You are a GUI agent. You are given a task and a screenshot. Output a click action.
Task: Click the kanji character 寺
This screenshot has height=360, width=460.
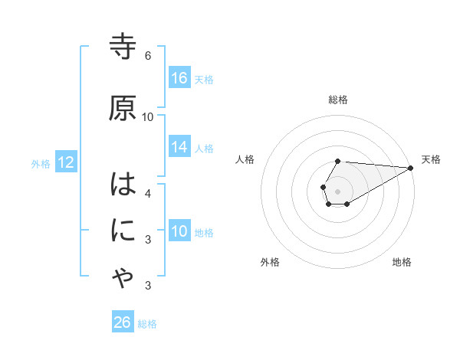[x=123, y=47]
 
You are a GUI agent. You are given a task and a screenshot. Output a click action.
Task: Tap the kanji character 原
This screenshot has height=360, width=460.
[x=123, y=108]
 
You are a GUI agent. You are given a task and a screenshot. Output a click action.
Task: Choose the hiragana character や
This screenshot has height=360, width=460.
[x=123, y=280]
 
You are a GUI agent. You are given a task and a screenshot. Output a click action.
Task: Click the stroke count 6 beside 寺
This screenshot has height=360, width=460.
[x=148, y=56]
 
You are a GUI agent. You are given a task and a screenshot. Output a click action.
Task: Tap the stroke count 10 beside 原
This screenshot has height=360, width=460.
[x=148, y=117]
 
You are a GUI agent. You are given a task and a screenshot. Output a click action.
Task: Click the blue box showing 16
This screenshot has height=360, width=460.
[x=179, y=78]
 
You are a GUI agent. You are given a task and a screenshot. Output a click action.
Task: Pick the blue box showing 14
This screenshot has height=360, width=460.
[x=179, y=147]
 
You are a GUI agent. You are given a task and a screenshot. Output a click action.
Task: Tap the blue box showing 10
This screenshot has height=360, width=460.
[x=179, y=231]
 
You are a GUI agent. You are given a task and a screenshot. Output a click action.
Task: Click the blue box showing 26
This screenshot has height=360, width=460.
[x=122, y=322]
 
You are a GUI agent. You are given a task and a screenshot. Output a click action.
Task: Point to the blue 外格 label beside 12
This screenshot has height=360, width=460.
[x=41, y=163]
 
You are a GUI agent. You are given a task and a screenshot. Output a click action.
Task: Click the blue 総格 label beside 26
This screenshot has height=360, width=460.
[x=147, y=324]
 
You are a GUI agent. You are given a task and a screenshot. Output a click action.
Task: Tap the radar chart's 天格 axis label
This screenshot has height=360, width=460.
[x=431, y=159]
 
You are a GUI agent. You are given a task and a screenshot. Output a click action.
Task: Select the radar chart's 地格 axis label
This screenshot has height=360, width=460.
[x=402, y=262]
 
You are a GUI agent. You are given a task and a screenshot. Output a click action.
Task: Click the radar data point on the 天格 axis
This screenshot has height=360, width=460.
[x=411, y=168]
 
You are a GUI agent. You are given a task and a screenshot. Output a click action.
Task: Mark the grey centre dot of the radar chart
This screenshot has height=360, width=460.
[x=337, y=190]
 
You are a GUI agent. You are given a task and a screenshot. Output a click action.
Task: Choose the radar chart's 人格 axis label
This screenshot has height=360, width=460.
[x=245, y=159]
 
